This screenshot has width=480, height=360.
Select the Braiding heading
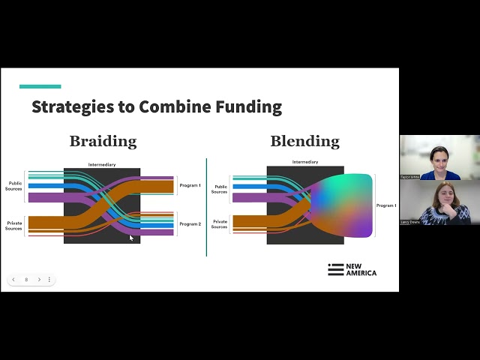pos(103,141)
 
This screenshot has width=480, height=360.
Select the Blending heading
pos(304,141)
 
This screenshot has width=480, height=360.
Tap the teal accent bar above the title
pos(40,86)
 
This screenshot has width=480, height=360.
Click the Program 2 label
pos(190,223)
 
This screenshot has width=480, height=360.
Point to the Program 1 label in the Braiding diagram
pos(190,184)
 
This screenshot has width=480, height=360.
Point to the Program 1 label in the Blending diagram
pos(386,205)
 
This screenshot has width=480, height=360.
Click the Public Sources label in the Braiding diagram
pos(15,185)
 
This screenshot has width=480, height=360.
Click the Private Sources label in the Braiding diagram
pos(14,225)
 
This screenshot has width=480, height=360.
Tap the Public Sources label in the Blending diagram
pos(219,189)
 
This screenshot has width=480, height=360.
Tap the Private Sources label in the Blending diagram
pos(219,223)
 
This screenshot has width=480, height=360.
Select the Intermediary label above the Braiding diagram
pos(102,164)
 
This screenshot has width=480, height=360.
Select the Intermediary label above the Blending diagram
pos(304,162)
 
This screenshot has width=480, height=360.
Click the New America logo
pos(352,270)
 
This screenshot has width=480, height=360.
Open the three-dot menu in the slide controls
pos(49,280)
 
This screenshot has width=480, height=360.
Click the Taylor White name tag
pos(409,177)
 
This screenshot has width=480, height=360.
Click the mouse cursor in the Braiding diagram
pos(130,238)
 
